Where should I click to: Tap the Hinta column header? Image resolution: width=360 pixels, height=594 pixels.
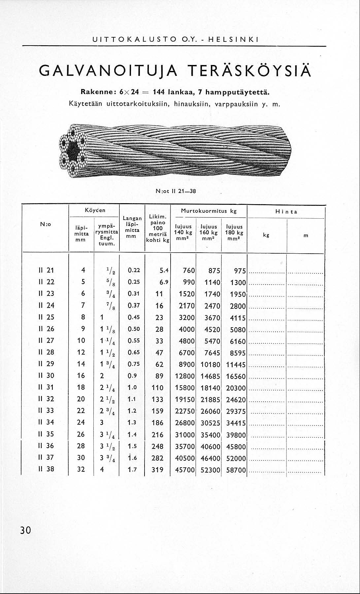pos(286,212)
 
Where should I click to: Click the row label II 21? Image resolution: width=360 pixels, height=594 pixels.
pos(46,270)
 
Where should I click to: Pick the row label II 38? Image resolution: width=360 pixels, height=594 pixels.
pos(46,469)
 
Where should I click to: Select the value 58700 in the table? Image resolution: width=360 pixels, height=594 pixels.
pos(236,469)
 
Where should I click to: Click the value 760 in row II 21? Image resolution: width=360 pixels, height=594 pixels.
pos(189,271)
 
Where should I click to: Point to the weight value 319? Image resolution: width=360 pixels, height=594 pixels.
pos(157,469)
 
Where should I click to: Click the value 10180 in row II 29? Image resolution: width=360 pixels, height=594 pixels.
pos(210,364)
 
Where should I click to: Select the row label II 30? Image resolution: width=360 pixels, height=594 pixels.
pos(46,376)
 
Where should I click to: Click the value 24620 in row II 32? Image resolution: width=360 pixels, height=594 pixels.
pos(236,400)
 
